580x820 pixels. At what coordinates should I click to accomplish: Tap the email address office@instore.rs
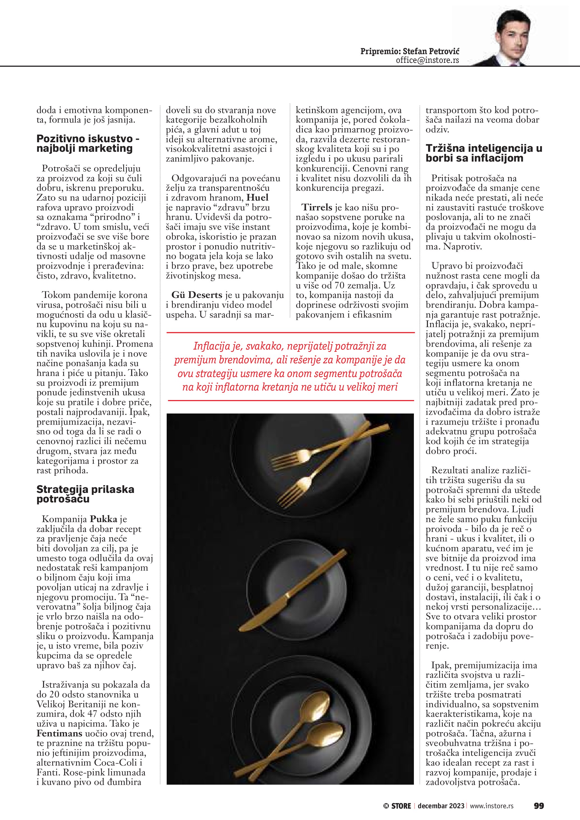[427, 60]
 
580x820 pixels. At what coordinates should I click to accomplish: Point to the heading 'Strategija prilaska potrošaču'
[85, 494]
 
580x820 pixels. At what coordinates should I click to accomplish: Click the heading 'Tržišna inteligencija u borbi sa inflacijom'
[483, 153]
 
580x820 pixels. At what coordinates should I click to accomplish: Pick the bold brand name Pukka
[104, 519]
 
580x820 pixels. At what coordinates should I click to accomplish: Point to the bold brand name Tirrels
[317, 207]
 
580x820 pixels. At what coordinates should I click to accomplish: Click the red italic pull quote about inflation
[290, 366]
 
